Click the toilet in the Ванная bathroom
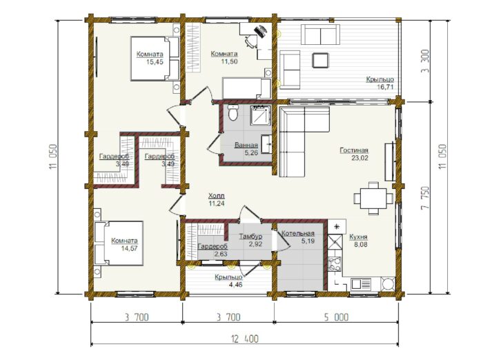(x=233, y=112)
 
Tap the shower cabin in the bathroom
(x=261, y=115)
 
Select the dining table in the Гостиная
(x=374, y=198)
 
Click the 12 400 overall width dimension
(x=245, y=339)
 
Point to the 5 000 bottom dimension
(x=337, y=317)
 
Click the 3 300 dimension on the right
(x=425, y=61)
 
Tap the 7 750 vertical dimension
(x=425, y=198)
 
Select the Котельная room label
(x=298, y=233)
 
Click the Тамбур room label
(x=250, y=236)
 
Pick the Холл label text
(x=217, y=196)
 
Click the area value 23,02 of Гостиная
(x=360, y=158)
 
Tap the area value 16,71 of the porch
(x=385, y=87)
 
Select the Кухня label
(x=358, y=237)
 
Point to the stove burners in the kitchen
(x=335, y=264)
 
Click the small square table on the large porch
(x=320, y=61)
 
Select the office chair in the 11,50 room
(x=251, y=41)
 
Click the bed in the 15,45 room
(x=155, y=59)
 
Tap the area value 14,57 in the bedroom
(x=130, y=248)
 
